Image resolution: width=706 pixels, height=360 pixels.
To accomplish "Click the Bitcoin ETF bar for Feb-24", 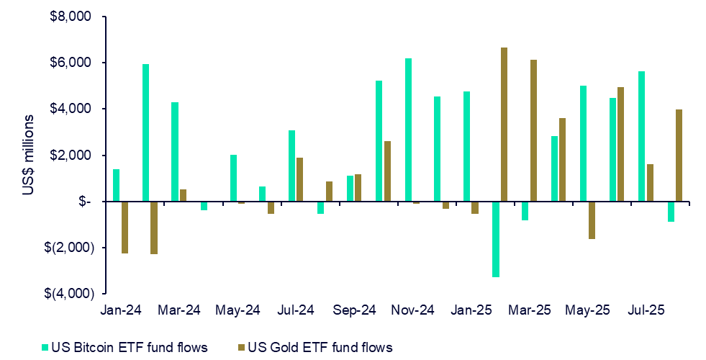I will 145,132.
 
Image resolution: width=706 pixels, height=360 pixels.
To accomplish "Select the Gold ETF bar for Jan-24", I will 125,227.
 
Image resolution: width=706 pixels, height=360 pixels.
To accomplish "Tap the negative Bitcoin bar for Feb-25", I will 496,239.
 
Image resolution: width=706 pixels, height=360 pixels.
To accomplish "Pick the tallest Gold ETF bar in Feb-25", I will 504,125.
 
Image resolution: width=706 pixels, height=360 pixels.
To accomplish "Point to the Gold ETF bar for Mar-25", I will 533,130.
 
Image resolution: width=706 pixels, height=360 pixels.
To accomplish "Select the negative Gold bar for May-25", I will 592,220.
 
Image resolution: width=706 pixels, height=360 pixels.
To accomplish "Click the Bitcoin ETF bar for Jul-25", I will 642,136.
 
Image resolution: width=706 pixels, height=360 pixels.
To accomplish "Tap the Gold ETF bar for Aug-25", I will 679,155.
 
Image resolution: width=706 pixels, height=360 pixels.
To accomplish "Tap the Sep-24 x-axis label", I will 355,311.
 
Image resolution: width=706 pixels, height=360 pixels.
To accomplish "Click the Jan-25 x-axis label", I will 472,311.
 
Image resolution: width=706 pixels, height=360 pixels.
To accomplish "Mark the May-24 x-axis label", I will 237,311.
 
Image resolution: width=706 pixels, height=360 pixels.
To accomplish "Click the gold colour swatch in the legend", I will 242,348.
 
